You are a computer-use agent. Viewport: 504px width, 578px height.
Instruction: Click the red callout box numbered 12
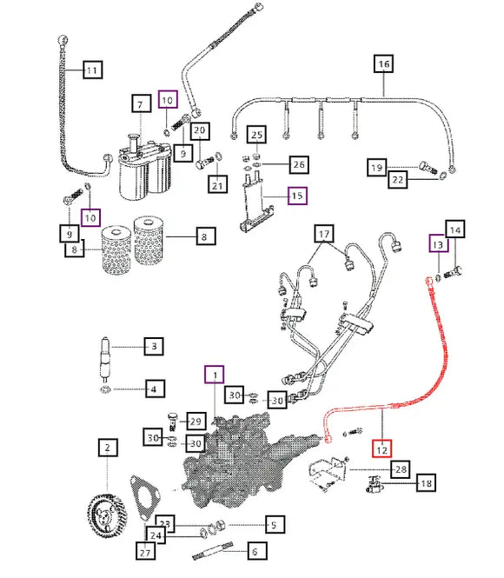(x=381, y=448)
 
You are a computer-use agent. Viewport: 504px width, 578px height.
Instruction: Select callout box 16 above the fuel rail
(x=384, y=64)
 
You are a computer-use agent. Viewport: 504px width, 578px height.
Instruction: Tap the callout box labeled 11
(x=92, y=70)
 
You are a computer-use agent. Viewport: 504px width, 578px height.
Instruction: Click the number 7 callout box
(x=142, y=103)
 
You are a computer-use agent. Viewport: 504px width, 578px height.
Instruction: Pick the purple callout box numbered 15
(x=297, y=196)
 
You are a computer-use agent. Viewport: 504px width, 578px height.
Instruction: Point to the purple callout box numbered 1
(x=215, y=375)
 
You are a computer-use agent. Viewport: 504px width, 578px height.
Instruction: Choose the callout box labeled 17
(x=324, y=234)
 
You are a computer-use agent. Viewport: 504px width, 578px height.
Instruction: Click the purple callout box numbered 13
(x=439, y=243)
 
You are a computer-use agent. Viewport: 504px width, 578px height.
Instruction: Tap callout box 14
(x=455, y=229)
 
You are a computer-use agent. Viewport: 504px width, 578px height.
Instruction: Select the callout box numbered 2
(x=108, y=448)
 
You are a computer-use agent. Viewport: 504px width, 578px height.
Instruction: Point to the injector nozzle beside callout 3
(x=105, y=360)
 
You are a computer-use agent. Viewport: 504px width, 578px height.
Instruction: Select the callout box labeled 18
(x=427, y=483)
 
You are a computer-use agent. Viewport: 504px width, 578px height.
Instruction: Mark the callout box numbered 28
(x=401, y=468)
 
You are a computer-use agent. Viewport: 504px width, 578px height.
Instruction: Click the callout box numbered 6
(x=255, y=551)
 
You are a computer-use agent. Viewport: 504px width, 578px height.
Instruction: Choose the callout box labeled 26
(x=299, y=164)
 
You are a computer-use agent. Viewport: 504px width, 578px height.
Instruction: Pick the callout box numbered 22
(x=398, y=180)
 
